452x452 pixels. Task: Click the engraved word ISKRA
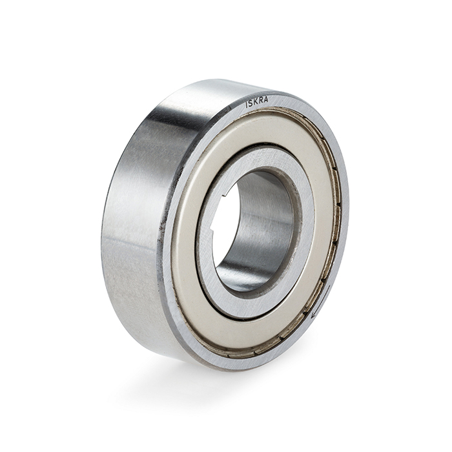(x=256, y=102)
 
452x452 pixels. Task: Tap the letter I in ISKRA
(x=246, y=105)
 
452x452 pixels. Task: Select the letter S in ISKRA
(x=251, y=103)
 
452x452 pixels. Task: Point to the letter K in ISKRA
(x=255, y=102)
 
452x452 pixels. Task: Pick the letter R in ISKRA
(x=260, y=101)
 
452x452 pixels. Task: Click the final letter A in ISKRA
(x=265, y=99)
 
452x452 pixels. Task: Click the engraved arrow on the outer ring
(x=320, y=302)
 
